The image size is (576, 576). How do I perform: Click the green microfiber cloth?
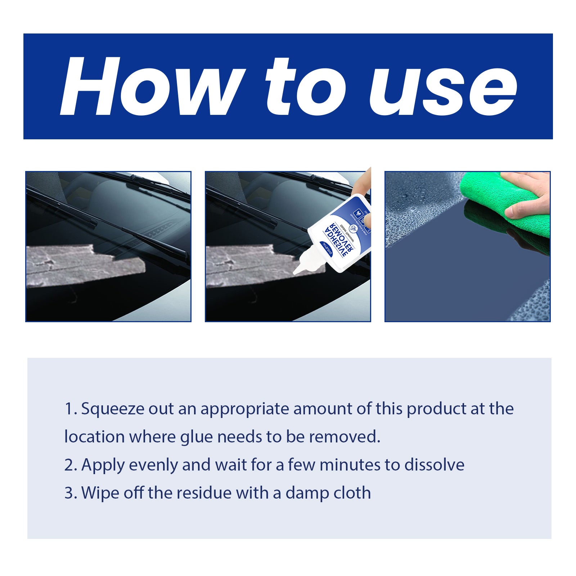(x=504, y=205)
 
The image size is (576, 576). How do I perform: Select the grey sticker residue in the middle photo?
(x=252, y=265)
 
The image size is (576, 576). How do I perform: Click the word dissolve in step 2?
(x=434, y=465)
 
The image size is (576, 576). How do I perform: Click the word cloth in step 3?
(x=351, y=493)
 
